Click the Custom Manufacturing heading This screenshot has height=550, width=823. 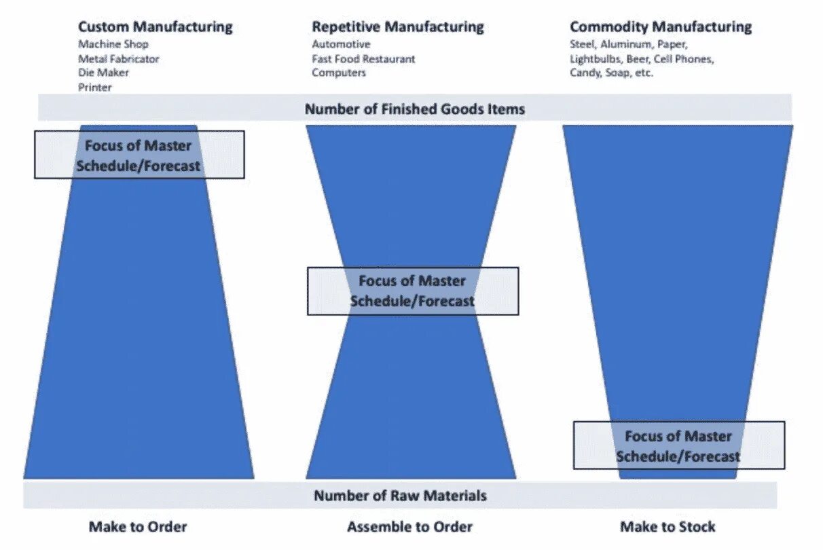(155, 27)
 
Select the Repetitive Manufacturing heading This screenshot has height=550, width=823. (397, 27)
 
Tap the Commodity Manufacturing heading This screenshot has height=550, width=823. (660, 27)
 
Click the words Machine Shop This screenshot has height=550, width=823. (113, 45)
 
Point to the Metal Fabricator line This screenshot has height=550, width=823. (118, 59)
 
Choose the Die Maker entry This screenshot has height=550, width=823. (103, 73)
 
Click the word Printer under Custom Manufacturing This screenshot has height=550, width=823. (94, 88)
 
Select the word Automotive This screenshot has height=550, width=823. (341, 45)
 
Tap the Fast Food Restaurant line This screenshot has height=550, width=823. (363, 59)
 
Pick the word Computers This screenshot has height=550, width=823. (339, 73)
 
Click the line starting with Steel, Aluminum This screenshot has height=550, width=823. (628, 45)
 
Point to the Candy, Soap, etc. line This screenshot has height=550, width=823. (611, 73)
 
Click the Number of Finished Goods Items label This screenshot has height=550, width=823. (414, 109)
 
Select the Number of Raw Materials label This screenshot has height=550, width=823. (400, 496)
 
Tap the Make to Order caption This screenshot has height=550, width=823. (138, 527)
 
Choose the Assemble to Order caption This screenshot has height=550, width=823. (409, 527)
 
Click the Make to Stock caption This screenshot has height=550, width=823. (667, 527)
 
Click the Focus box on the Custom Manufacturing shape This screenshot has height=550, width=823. (139, 155)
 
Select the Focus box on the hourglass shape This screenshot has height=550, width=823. (412, 291)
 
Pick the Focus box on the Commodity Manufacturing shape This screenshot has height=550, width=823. (678, 445)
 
